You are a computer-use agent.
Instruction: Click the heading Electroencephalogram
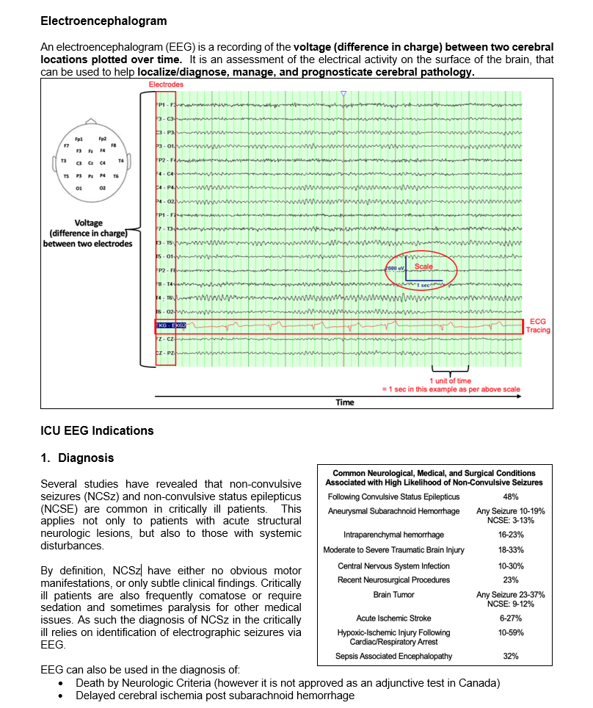pyautogui.click(x=103, y=21)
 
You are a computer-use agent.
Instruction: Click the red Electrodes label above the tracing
pyautogui.click(x=166, y=85)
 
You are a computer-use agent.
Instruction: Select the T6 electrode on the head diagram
pyautogui.click(x=115, y=176)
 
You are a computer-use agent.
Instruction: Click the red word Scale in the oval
pyautogui.click(x=423, y=266)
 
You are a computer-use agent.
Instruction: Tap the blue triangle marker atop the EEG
pyautogui.click(x=343, y=94)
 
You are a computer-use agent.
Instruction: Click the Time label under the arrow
pyautogui.click(x=344, y=402)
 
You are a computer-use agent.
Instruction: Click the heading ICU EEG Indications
pyautogui.click(x=97, y=431)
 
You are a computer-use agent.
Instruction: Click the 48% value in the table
pyautogui.click(x=511, y=497)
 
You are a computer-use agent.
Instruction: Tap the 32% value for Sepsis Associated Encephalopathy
pyautogui.click(x=511, y=656)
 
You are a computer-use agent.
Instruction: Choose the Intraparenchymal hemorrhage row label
pyautogui.click(x=393, y=535)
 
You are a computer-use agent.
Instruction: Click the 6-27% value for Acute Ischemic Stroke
pyautogui.click(x=511, y=618)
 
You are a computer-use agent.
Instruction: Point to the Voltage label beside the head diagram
pyautogui.click(x=89, y=223)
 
